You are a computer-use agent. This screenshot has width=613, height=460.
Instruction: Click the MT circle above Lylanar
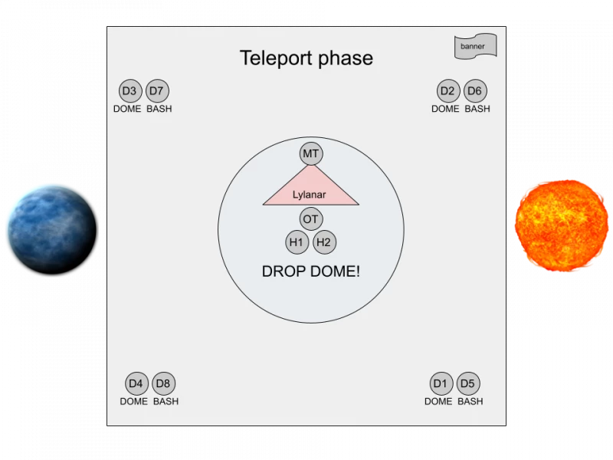coord(311,154)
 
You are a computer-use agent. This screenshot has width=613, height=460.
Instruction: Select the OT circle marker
coord(311,219)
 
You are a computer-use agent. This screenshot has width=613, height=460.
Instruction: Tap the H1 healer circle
coord(297,242)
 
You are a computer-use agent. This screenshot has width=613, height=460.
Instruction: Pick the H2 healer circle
coord(324,242)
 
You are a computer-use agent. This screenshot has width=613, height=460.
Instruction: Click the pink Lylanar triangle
coord(311,192)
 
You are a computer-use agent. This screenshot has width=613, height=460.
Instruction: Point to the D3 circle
coord(130,90)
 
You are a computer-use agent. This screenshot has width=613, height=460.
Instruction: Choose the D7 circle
coord(157,90)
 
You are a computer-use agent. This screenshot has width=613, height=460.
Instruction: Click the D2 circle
coord(448,90)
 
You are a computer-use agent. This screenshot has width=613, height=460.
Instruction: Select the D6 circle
coord(475,90)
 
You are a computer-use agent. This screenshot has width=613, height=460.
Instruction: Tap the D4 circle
coord(137,383)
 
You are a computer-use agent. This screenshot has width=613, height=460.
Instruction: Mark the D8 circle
coord(164,383)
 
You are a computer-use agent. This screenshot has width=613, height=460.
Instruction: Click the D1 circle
coord(441,383)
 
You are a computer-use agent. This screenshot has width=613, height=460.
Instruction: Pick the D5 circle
coord(468,383)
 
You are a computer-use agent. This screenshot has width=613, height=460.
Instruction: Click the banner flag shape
coord(475,47)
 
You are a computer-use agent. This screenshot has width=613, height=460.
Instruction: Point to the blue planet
coord(52,229)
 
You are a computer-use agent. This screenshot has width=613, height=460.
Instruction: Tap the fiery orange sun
coord(562,225)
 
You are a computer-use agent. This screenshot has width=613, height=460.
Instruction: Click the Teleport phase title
coord(306,58)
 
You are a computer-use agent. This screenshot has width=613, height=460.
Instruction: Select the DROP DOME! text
coord(311,271)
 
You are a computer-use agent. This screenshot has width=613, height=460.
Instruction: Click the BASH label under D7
coord(159,109)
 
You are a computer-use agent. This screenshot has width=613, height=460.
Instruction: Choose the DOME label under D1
coord(438,401)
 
